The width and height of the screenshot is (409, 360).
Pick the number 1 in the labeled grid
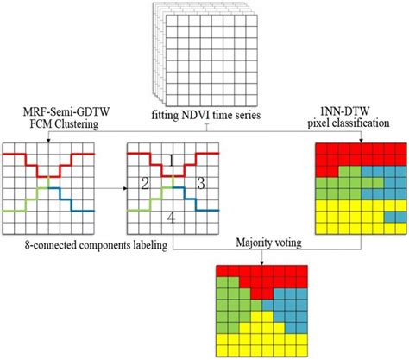click(x=172, y=161)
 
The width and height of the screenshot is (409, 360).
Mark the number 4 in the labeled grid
click(x=172, y=219)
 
